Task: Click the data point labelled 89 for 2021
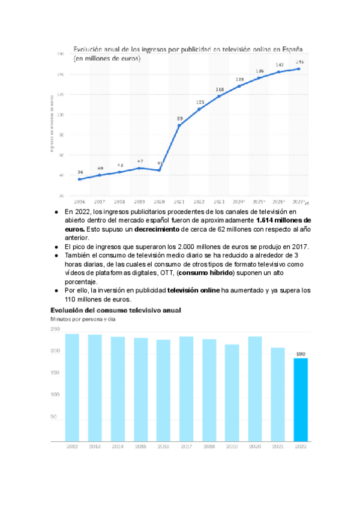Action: point(179,125)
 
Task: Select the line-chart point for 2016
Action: point(80,179)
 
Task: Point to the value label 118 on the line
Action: point(220,89)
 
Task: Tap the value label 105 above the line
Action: point(200,102)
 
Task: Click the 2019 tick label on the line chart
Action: point(139,202)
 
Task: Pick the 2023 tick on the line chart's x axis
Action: point(220,202)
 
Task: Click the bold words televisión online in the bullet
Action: point(194,291)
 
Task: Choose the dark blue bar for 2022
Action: point(301,399)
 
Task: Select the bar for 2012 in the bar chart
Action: point(72,387)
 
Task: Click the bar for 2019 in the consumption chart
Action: point(232,393)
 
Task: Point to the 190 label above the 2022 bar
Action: point(301,354)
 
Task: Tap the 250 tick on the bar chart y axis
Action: point(55,329)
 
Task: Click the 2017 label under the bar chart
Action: point(186,447)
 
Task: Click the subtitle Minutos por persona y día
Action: point(82,319)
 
